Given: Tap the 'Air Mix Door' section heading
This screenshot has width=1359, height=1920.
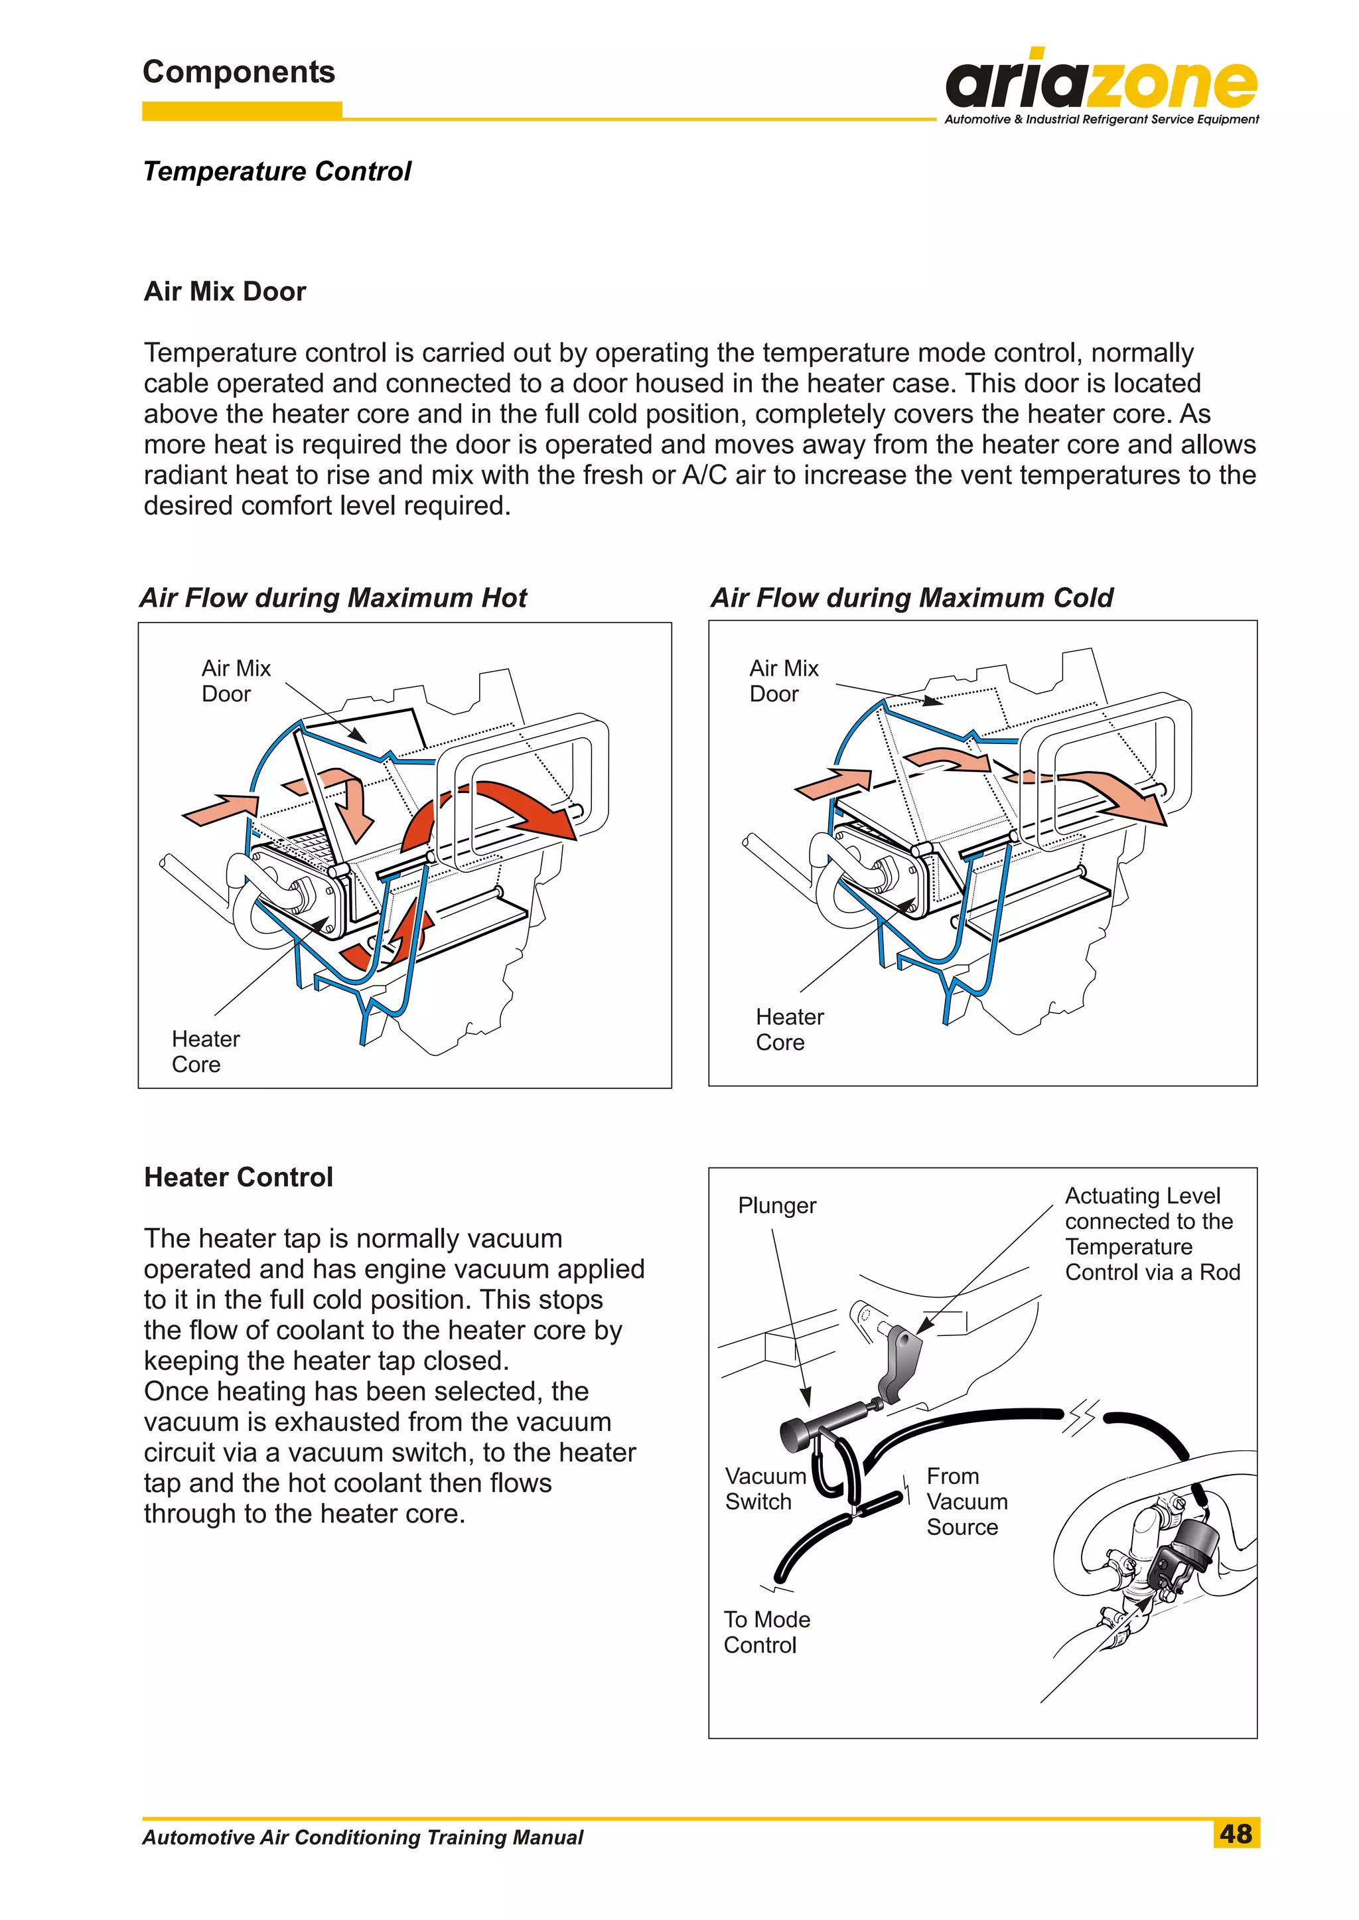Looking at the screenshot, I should [x=224, y=291].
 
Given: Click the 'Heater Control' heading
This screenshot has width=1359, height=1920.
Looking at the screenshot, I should [x=238, y=1177].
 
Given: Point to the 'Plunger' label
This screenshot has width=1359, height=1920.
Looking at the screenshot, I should [x=776, y=1205].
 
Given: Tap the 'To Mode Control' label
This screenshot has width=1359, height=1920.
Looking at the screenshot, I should [x=766, y=1631].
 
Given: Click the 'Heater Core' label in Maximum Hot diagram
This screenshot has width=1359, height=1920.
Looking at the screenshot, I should [x=205, y=1051].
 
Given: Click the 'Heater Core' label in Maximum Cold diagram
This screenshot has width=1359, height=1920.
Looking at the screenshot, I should [x=788, y=1029].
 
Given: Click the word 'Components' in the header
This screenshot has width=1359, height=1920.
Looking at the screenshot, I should [x=238, y=72].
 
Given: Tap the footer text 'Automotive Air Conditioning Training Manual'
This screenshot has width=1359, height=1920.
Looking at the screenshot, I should [x=362, y=1837].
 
